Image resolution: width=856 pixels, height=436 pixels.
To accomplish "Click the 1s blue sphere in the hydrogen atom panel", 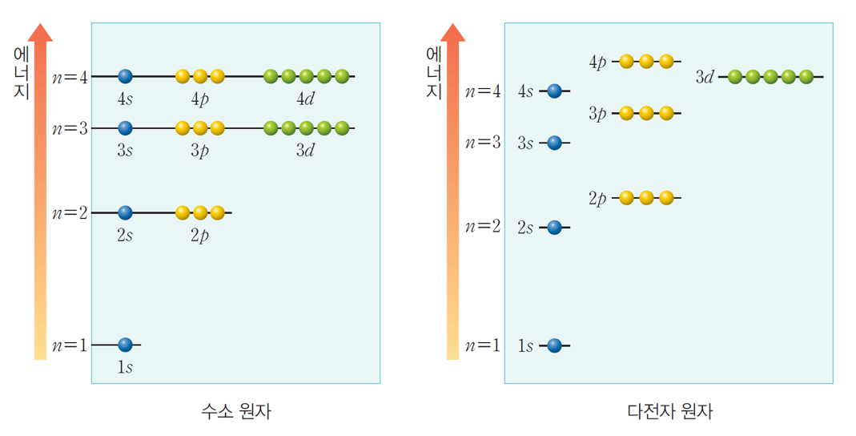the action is (x=124, y=345).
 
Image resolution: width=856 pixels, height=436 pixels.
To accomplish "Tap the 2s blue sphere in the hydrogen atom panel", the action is (x=124, y=212).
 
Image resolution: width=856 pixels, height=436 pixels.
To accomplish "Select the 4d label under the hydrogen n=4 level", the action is (x=305, y=100).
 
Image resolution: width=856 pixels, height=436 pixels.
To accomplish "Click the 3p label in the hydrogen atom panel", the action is (x=199, y=151).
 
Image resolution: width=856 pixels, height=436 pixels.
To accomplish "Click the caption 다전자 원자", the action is (x=669, y=412).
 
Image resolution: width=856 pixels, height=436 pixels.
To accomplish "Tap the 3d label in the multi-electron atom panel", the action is (x=705, y=78).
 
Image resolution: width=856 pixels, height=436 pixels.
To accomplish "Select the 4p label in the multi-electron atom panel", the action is (x=598, y=62).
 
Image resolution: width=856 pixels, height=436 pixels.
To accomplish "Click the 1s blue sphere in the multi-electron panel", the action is (x=554, y=345).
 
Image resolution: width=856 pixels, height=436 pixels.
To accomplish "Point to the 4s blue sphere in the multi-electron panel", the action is (x=554, y=91).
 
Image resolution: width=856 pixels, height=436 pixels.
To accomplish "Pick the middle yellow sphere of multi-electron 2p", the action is (x=646, y=197).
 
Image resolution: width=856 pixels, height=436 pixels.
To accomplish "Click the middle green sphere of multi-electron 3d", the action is (x=770, y=77).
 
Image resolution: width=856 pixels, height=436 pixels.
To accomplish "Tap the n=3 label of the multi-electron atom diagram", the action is (x=484, y=143).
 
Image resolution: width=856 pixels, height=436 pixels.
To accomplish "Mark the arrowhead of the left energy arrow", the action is (x=40, y=32).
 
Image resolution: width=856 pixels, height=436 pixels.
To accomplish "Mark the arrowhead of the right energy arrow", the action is (x=453, y=32).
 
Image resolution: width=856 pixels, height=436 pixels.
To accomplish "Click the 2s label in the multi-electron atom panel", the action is (x=525, y=228).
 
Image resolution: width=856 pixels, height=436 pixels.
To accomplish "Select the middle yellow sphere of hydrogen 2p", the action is (x=199, y=212).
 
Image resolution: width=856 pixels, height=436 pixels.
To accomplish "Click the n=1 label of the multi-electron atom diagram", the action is (x=484, y=346).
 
